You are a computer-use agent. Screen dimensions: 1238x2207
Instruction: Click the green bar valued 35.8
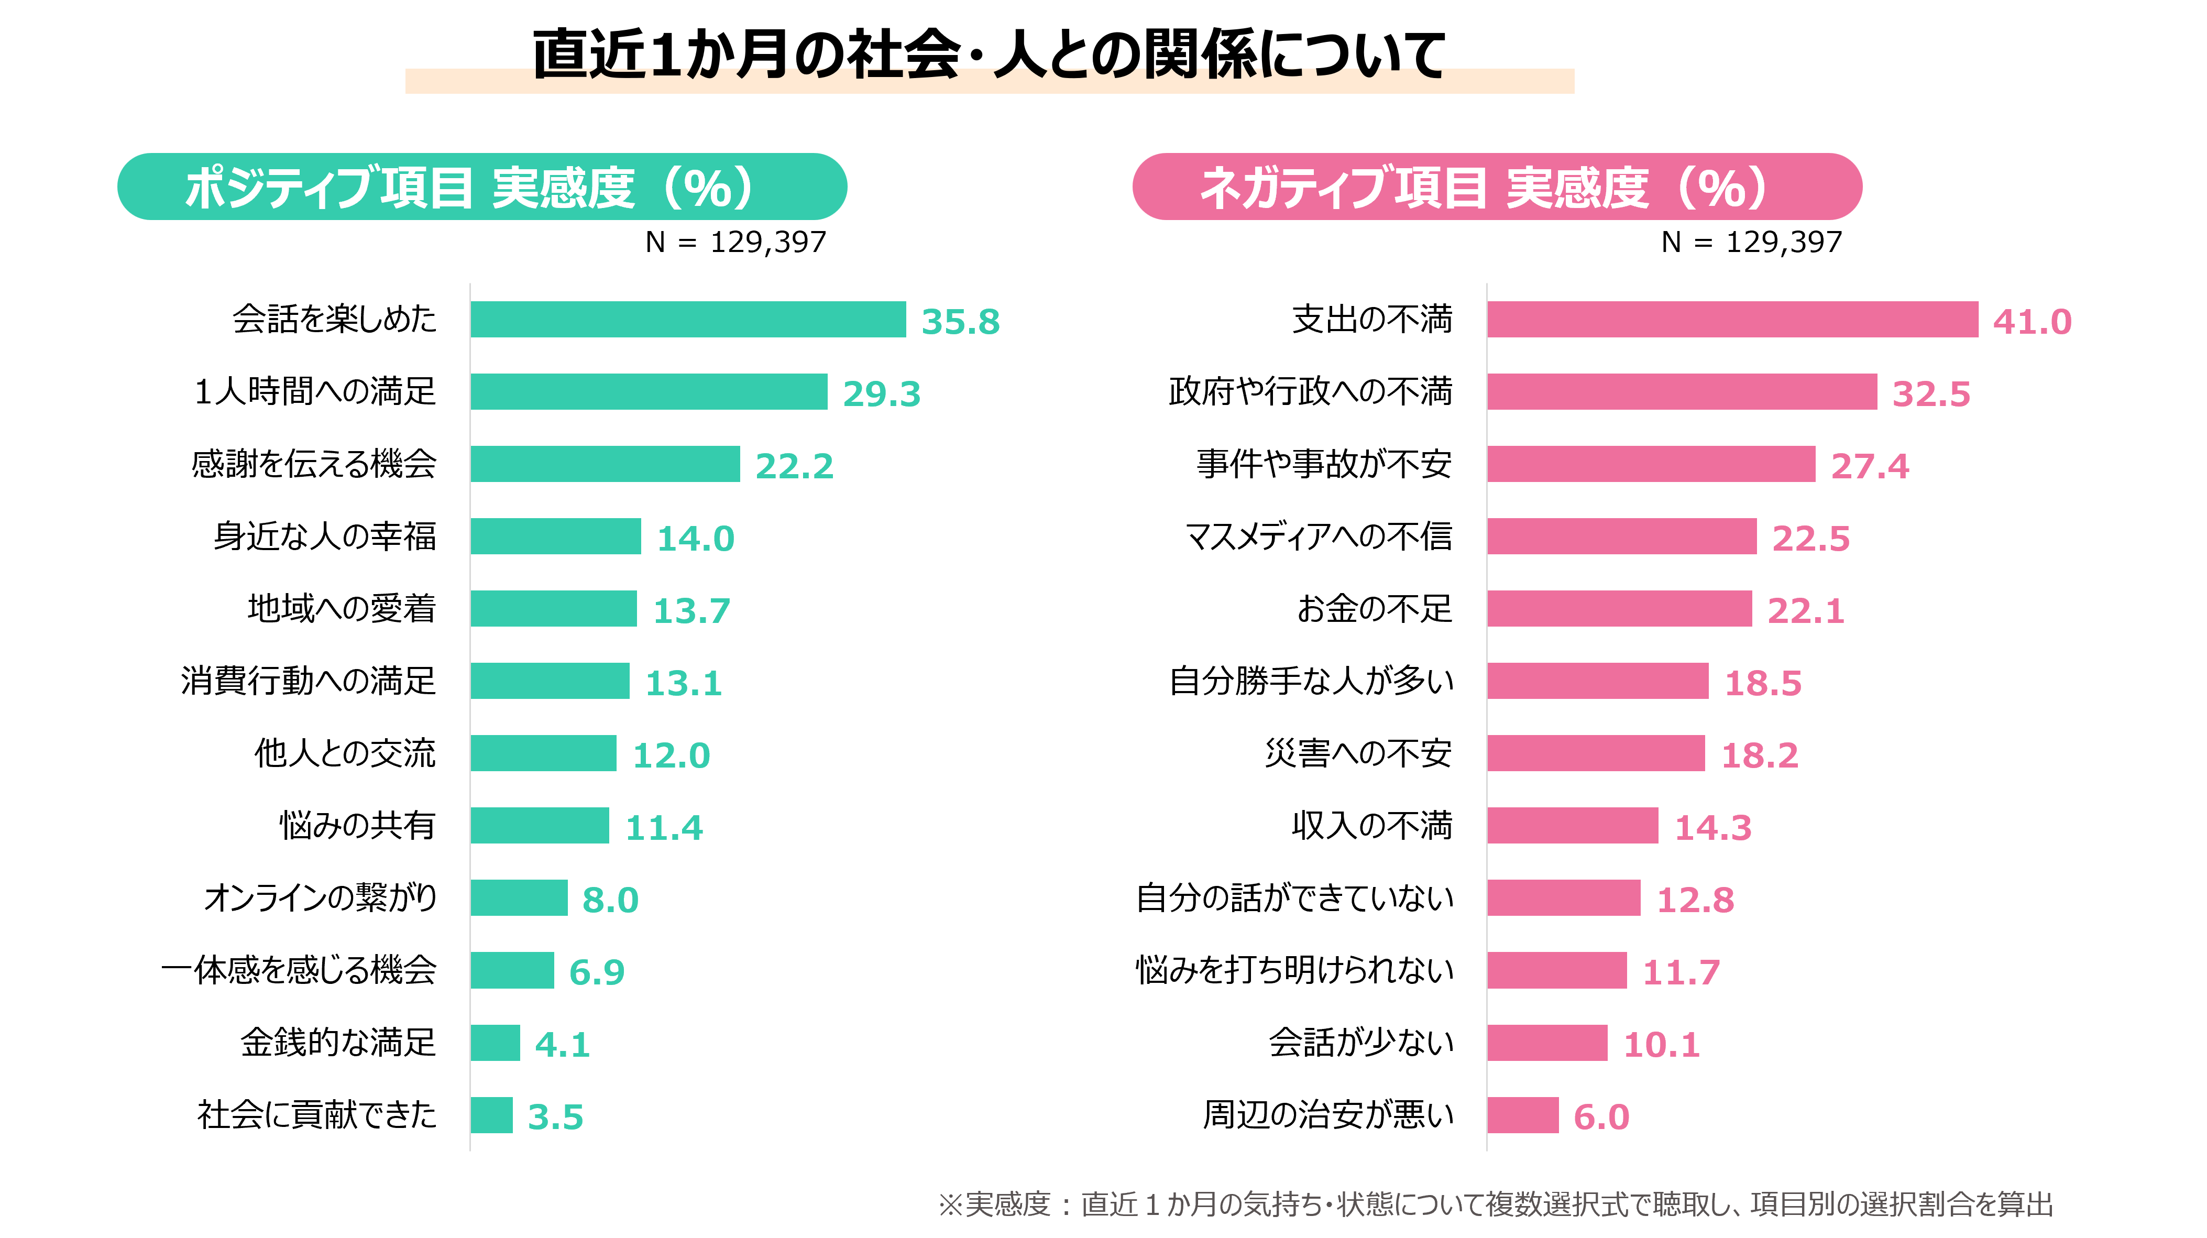click(688, 320)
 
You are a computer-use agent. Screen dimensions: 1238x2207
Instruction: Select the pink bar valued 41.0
click(1732, 320)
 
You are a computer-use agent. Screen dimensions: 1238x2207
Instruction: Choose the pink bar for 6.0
click(1522, 1115)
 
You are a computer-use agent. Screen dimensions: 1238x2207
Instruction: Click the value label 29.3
click(882, 394)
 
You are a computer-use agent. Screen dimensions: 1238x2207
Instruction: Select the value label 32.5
click(1931, 394)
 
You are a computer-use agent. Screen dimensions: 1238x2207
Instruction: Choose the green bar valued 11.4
click(540, 826)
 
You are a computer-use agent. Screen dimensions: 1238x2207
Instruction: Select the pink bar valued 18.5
click(1598, 681)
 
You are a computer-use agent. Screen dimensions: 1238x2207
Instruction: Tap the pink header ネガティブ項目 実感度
click(1497, 187)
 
